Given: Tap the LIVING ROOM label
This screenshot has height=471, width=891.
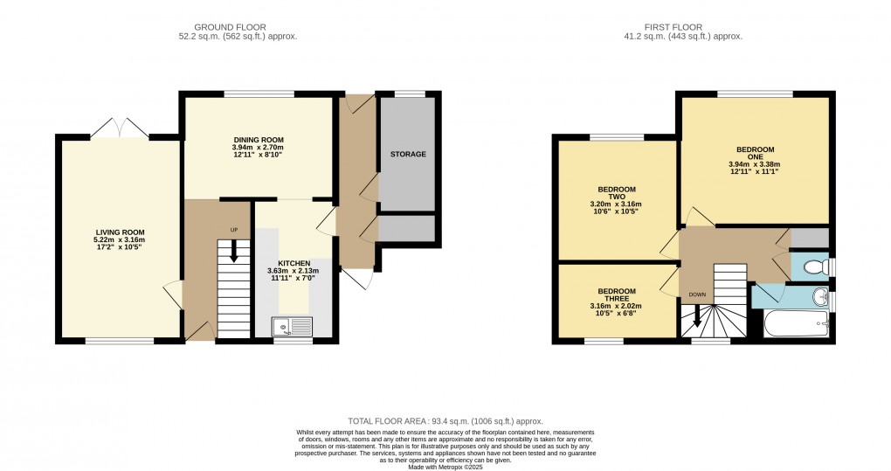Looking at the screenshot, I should tap(120, 232).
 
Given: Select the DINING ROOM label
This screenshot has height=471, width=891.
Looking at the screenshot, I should tap(258, 140).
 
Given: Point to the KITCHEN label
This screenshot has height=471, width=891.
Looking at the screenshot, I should tap(294, 263).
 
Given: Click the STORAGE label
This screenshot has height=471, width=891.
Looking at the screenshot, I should tap(407, 155).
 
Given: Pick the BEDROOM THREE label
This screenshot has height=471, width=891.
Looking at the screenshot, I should tap(617, 296).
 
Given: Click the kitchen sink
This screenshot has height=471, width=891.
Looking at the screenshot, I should tap(292, 327).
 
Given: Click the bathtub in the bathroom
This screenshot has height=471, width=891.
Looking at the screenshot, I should tap(797, 328).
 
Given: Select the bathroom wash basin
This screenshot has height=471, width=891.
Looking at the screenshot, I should tap(820, 299).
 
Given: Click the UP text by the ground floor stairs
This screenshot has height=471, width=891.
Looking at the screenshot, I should tap(233, 230).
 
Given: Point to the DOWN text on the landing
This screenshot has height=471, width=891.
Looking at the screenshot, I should tap(697, 294).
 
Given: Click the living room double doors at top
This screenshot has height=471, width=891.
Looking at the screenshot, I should tap(120, 129).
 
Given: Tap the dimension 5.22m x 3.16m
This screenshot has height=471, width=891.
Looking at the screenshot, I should tap(120, 240).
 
